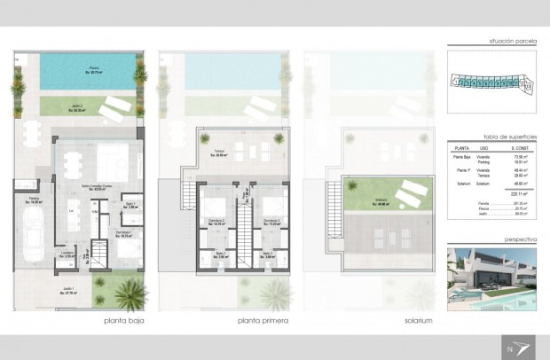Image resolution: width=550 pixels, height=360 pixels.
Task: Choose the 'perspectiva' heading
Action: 518,241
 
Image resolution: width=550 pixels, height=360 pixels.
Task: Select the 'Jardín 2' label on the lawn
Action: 78,108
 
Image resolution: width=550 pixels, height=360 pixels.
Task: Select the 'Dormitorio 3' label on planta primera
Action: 271,222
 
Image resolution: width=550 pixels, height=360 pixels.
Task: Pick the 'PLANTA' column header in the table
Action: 460,148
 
